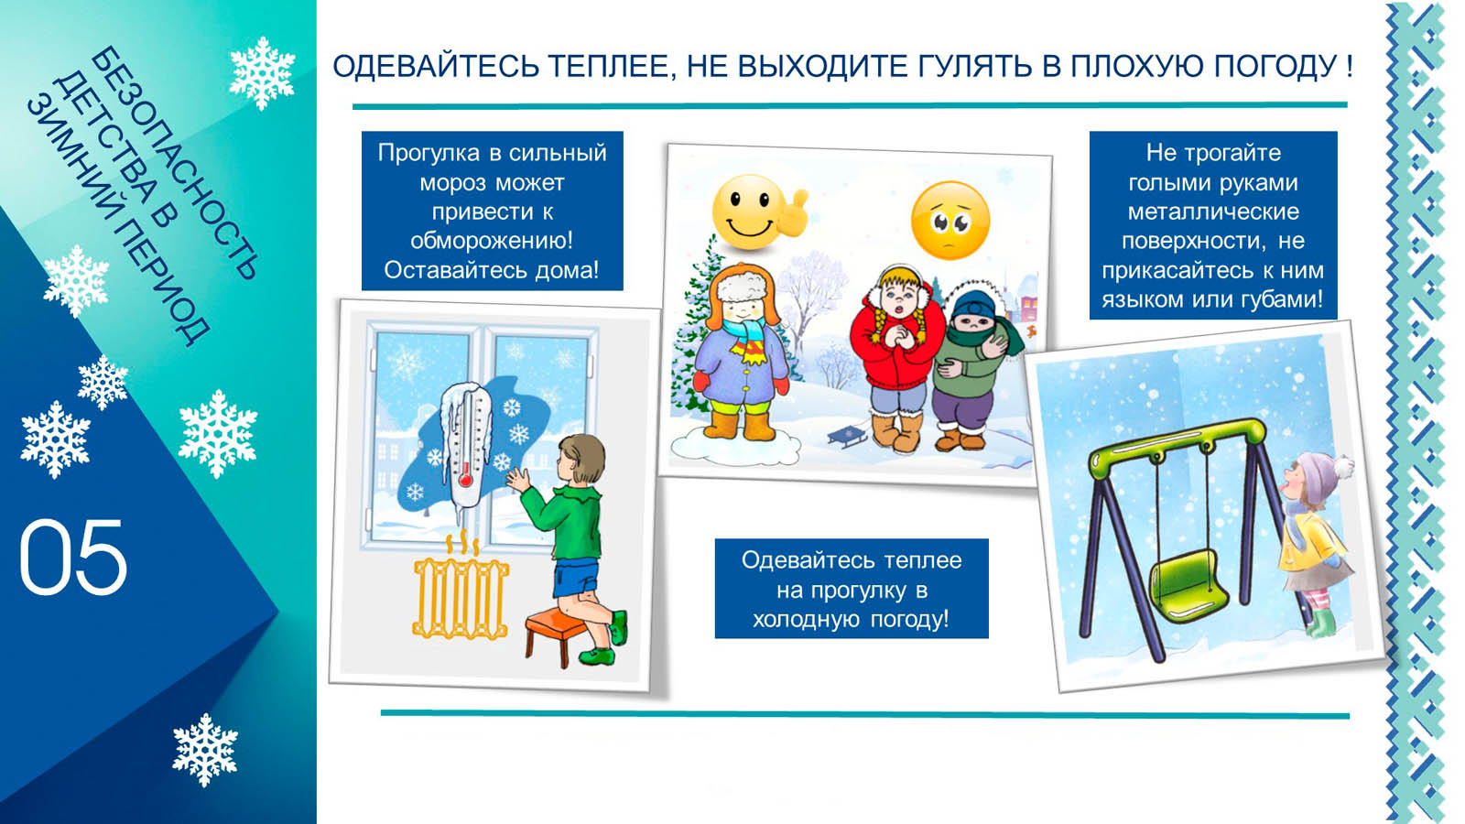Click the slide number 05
[x=73, y=558]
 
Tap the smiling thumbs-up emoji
[x=759, y=211]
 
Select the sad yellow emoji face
[x=950, y=221]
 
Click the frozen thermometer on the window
[x=465, y=452]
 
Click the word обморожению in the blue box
[x=491, y=241]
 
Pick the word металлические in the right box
[x=1213, y=211]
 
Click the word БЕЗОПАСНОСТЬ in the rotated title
[x=175, y=163]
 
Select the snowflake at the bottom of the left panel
[x=205, y=750]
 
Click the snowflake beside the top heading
[x=262, y=72]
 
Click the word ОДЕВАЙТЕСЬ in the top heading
[x=434, y=67]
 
